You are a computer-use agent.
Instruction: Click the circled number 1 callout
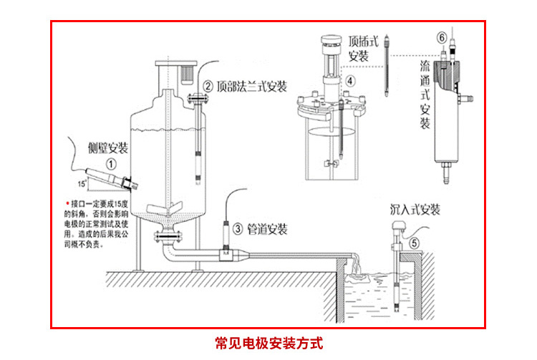(x=112, y=163)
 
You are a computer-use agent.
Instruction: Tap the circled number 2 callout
(x=208, y=87)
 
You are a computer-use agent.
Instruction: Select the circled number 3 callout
(x=236, y=229)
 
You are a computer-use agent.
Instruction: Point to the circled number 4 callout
(x=350, y=81)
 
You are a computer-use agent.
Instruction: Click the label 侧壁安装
(x=107, y=148)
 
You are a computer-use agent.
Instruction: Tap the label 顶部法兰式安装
(x=251, y=87)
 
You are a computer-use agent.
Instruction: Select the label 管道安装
(x=267, y=229)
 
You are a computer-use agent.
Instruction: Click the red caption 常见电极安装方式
(x=268, y=342)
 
